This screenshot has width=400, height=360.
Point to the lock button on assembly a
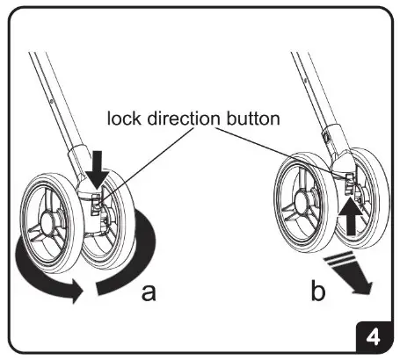98,204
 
